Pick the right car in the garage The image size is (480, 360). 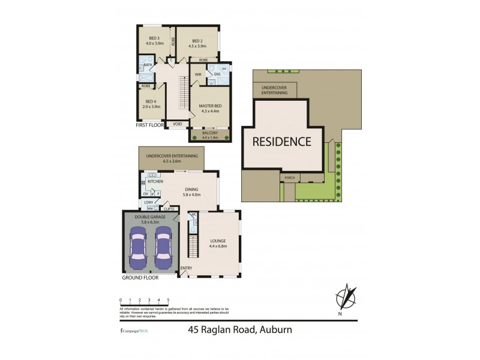(x=164, y=248)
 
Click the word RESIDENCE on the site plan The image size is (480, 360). (x=281, y=142)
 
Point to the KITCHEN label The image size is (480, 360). (x=155, y=181)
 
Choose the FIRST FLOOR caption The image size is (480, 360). (x=150, y=126)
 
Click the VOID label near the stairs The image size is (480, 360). (x=178, y=124)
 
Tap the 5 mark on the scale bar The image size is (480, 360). (x=168, y=299)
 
